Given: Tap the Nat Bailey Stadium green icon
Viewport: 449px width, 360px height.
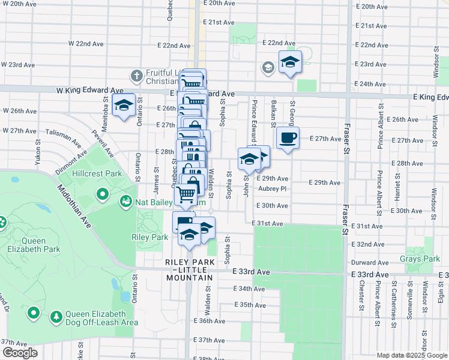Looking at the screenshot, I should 126,202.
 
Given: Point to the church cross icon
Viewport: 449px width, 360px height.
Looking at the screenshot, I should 136,76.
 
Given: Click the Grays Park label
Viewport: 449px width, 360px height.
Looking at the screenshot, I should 420,259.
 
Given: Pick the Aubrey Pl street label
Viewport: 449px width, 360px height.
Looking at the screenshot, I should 274,188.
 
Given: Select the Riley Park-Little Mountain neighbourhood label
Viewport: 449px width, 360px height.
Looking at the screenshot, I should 190,270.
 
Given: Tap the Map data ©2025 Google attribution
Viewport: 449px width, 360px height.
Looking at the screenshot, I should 412,355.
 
